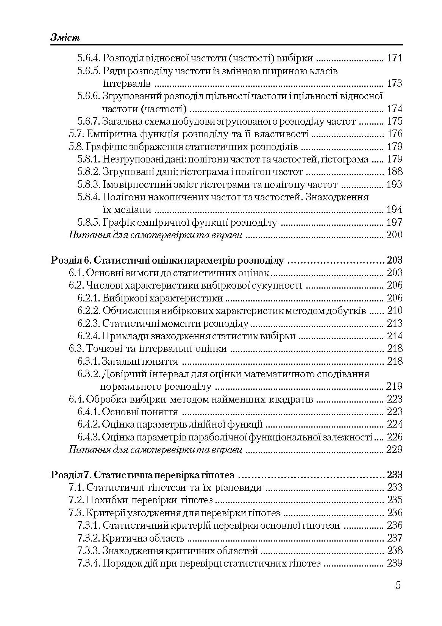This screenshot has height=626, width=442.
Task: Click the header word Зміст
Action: click(x=66, y=38)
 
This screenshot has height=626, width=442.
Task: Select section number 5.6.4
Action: click(x=89, y=58)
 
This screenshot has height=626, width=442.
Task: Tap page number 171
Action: click(x=394, y=58)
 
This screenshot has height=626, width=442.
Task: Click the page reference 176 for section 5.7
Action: click(x=394, y=134)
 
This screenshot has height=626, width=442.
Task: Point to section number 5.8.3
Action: click(x=89, y=185)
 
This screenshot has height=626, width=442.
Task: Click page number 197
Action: click(x=394, y=222)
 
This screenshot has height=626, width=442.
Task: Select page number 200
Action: click(x=394, y=235)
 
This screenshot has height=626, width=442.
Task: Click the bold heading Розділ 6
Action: click(x=71, y=261)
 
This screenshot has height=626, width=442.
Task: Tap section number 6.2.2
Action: click(x=89, y=311)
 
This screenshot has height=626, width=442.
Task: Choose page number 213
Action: click(x=394, y=323)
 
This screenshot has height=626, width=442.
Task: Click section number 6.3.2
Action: click(x=89, y=374)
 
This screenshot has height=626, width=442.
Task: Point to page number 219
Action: click(x=394, y=387)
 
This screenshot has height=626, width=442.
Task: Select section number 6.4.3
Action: click(x=89, y=437)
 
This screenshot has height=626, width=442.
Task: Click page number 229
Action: click(x=394, y=450)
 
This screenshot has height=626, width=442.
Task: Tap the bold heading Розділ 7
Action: click(x=71, y=475)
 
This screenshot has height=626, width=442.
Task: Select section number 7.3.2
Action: click(x=89, y=538)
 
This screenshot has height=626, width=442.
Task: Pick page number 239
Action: click(x=394, y=564)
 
